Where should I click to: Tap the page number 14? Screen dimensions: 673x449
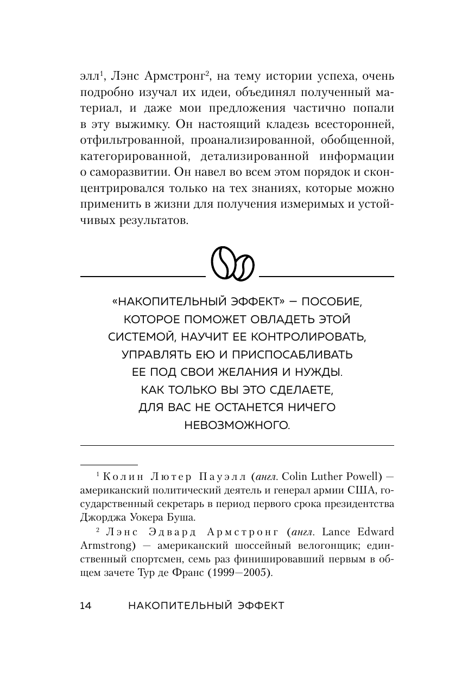click(x=86, y=606)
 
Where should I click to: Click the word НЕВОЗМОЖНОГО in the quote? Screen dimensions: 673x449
click(x=237, y=425)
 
